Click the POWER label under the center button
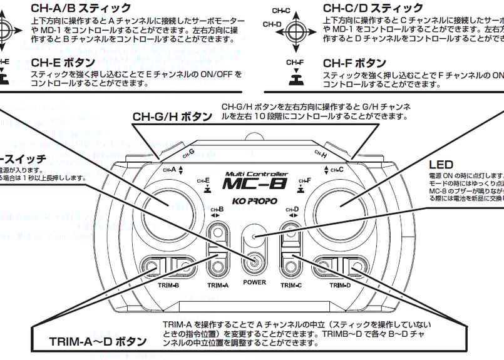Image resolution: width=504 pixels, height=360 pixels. coord(255,282)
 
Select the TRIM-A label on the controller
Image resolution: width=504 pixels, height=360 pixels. coord(217,285)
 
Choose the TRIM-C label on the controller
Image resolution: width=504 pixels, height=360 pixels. coord(291,285)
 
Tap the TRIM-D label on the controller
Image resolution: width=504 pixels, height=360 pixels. coord(339,285)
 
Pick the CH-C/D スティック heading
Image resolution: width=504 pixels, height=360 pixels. coord(373,8)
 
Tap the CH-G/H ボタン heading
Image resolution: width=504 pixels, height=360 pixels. coord(172,117)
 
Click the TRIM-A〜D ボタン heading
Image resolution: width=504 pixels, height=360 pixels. coord(98,342)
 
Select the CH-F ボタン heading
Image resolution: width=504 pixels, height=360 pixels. coord(354,64)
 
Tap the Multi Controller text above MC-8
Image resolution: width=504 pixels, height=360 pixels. coord(256,174)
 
